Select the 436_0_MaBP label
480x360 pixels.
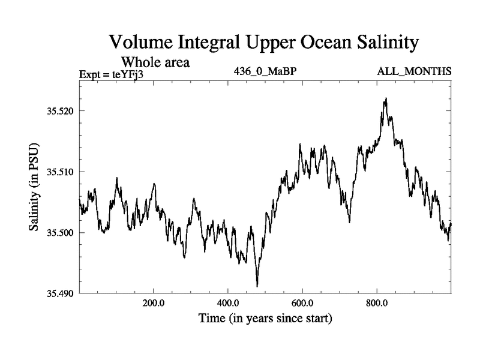(265, 71)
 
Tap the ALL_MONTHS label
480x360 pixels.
(414, 71)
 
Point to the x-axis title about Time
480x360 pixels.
(265, 318)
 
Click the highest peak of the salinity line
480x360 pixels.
(386, 98)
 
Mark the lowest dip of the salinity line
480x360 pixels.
(257, 286)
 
